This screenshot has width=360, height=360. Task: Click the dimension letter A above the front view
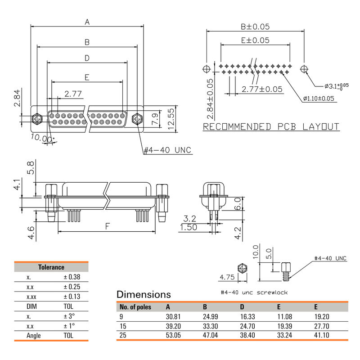(x=87, y=22)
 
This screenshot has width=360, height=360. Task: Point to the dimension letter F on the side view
(x=107, y=226)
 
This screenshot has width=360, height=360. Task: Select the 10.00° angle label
(x=42, y=139)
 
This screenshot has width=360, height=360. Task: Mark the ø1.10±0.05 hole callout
(x=319, y=99)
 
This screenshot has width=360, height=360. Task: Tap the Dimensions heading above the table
(x=144, y=294)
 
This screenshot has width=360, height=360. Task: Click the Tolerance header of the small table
(x=51, y=267)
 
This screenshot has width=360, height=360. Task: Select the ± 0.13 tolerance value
(x=72, y=297)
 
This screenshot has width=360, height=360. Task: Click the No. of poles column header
(x=135, y=307)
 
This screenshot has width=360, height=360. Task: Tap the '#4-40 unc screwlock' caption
(x=254, y=292)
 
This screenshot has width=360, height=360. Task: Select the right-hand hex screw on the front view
(x=137, y=119)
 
